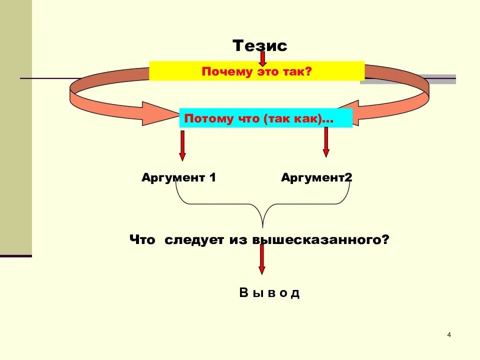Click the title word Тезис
(260, 46)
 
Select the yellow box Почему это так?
(256, 71)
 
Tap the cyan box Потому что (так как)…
(265, 119)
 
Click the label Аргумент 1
(178, 177)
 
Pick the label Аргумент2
(316, 177)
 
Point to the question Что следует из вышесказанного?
(259, 239)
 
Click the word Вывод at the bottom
(269, 293)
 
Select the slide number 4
(449, 334)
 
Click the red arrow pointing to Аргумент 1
(182, 145)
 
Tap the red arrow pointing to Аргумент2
(326, 142)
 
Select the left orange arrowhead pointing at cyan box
(155, 114)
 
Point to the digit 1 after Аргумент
(212, 177)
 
